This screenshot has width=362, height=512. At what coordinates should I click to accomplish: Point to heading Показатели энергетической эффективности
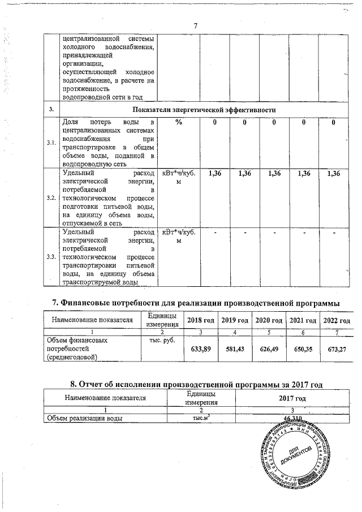[x=204, y=109]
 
